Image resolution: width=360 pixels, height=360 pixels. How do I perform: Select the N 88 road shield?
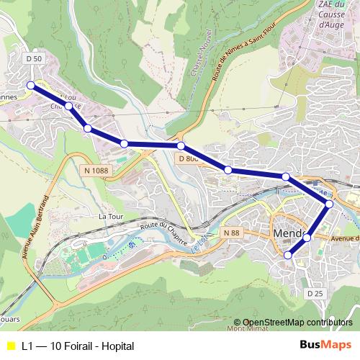point(230,233)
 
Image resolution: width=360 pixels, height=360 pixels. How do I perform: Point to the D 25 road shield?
point(315,293)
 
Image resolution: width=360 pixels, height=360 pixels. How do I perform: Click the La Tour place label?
point(112,215)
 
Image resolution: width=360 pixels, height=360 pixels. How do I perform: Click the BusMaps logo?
point(323,346)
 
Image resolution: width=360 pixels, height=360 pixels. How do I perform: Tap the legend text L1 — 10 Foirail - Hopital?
point(78,346)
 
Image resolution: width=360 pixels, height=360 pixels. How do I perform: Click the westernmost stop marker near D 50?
point(31,86)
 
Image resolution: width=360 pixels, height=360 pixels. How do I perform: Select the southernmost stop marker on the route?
point(289,255)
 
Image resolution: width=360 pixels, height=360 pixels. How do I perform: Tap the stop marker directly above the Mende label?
point(286,176)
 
